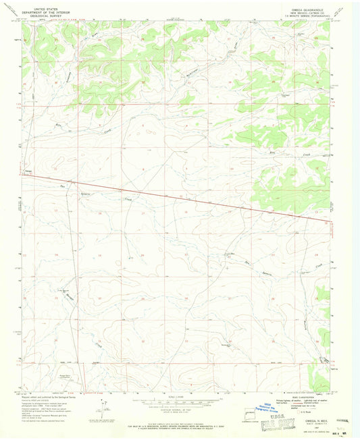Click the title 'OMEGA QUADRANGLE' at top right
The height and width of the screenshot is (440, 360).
(x=311, y=9)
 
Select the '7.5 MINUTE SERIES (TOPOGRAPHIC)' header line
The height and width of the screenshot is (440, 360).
(x=311, y=16)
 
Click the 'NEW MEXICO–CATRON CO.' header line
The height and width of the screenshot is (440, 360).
(x=311, y=13)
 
